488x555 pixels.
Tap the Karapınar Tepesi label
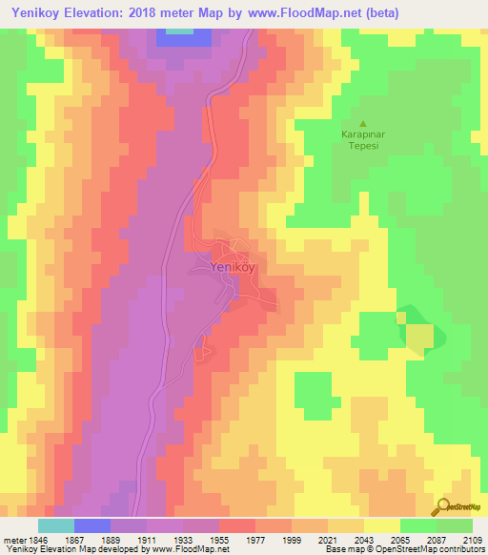362,141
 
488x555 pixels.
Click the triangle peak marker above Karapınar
362,123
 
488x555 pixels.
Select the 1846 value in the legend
34,539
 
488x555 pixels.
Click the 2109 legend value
472,539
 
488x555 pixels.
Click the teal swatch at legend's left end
56,525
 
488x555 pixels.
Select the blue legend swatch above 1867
92,525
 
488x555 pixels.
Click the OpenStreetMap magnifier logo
441,506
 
